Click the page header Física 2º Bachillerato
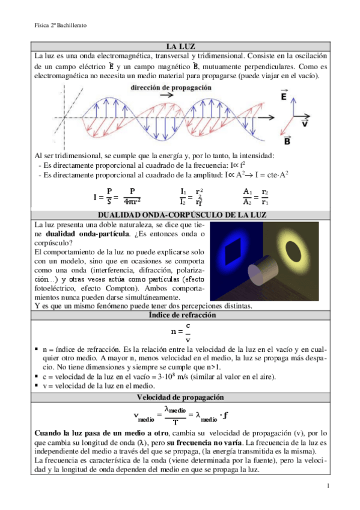pos(61,26)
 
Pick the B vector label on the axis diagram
pos(287,142)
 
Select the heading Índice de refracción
pos(180,315)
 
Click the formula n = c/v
pos(180,332)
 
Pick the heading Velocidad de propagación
pos(180,398)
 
